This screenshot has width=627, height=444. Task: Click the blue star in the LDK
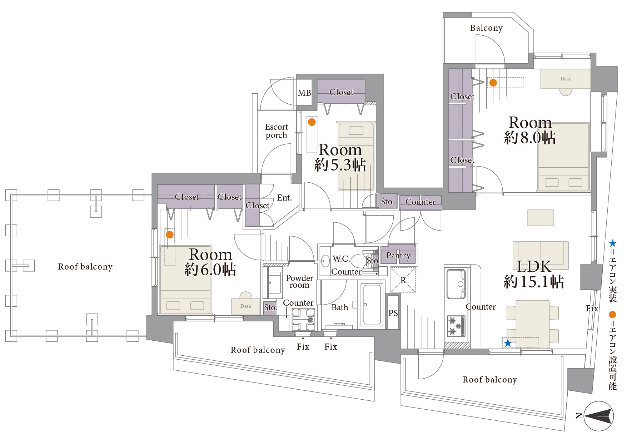[x=508, y=343]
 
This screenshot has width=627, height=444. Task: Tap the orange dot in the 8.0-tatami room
[x=493, y=83]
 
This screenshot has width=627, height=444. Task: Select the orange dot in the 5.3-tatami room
[x=312, y=122]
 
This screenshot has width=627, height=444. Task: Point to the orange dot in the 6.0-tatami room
[x=170, y=235]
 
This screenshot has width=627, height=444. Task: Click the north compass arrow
[x=598, y=416]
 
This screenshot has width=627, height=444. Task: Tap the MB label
[x=304, y=93]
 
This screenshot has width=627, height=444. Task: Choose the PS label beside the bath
[x=393, y=313]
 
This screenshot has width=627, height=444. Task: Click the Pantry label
[x=398, y=256]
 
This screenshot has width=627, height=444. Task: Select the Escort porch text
[x=276, y=131]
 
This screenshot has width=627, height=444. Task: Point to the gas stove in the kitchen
[x=456, y=326]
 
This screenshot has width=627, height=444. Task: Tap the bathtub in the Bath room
[x=372, y=304]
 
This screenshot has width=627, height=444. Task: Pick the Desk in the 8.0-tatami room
[x=566, y=79]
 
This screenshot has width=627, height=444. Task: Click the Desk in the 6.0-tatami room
[x=246, y=306]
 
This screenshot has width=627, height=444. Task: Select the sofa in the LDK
[x=541, y=255]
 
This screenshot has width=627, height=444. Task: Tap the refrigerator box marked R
[x=403, y=280]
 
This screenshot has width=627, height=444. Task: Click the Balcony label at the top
[x=486, y=28]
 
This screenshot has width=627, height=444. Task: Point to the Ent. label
[x=284, y=198]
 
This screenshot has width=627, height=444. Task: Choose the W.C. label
[x=341, y=258]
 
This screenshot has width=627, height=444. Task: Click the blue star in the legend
[x=613, y=243]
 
